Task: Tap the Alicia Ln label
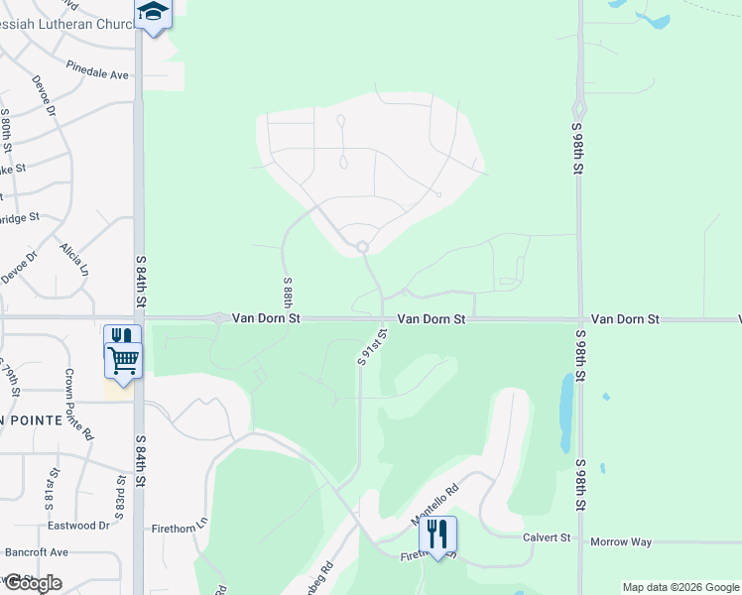74,259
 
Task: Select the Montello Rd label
436,504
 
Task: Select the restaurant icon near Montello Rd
436,535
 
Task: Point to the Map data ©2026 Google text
680,587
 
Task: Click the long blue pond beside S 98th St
565,412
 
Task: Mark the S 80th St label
6,129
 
